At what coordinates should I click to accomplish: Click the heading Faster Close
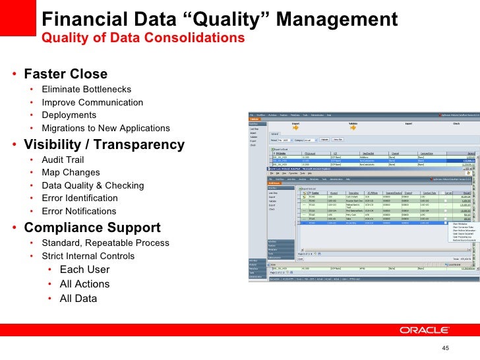click(65, 73)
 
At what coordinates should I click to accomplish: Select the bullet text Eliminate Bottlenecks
click(86, 89)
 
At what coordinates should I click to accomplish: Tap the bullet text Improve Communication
click(92, 102)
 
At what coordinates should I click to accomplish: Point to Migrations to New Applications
click(105, 128)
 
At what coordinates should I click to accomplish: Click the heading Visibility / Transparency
click(104, 144)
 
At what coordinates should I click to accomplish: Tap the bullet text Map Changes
click(71, 173)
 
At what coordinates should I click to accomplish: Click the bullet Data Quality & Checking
click(92, 186)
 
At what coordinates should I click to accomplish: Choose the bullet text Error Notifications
click(78, 212)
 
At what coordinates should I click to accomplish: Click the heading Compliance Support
click(92, 228)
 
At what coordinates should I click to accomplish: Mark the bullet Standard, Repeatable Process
click(105, 243)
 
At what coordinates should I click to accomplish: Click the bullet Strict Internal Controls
click(88, 256)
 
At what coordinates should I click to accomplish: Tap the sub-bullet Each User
click(84, 270)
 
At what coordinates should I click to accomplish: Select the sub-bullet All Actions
click(84, 284)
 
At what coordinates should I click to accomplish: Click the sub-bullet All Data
click(78, 298)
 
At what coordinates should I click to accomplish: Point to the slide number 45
click(444, 349)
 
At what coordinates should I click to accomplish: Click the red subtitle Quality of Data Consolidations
click(143, 38)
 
